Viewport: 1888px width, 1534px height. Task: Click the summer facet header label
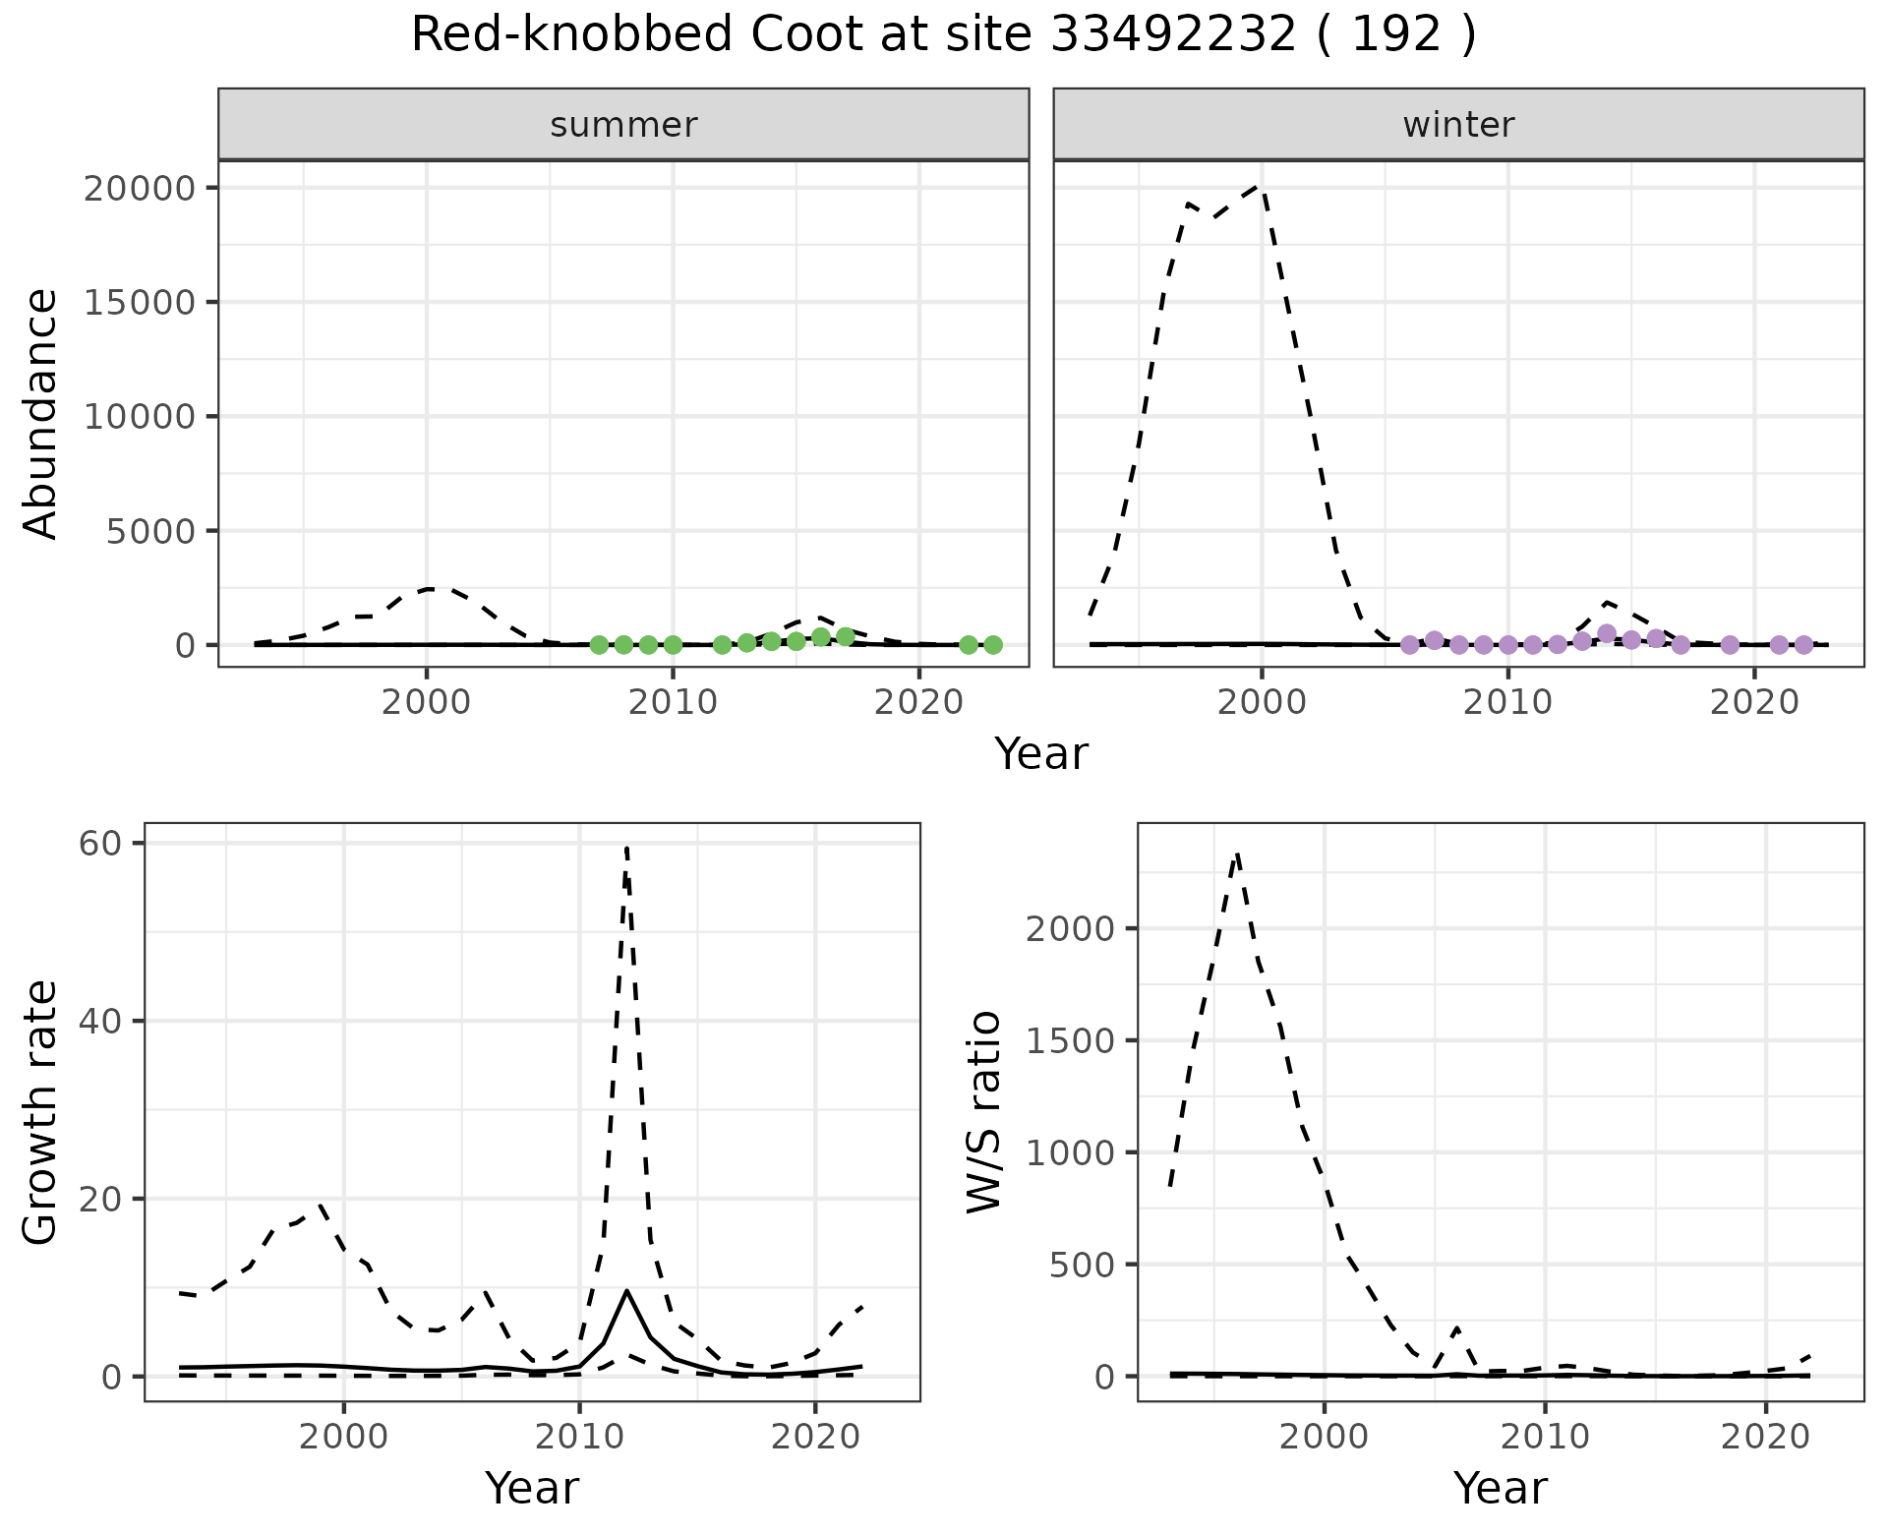pyautogui.click(x=623, y=125)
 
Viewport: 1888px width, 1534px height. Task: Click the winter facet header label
pyautogui.click(x=1458, y=125)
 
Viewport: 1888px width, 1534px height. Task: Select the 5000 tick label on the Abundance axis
pyautogui.click(x=151, y=531)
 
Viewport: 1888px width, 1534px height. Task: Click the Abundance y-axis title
pyautogui.click(x=40, y=414)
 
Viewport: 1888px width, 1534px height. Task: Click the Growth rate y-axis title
pyautogui.click(x=40, y=1113)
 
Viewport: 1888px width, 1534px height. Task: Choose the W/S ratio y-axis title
pyautogui.click(x=984, y=1113)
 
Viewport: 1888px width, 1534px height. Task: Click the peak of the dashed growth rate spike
pyautogui.click(x=626, y=846)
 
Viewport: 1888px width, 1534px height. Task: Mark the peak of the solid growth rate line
pyautogui.click(x=626, y=1290)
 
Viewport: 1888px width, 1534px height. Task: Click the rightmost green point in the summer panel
pyautogui.click(x=992, y=645)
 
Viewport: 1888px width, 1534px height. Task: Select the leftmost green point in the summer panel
pyautogui.click(x=599, y=645)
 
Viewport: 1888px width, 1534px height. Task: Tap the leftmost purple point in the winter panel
pyautogui.click(x=1409, y=645)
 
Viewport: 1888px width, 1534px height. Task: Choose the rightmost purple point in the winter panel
pyautogui.click(x=1803, y=645)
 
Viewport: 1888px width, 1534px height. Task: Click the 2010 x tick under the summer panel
pyautogui.click(x=673, y=703)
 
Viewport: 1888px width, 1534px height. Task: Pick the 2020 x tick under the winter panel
pyautogui.click(x=1754, y=703)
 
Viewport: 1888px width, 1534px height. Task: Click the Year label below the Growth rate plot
pyautogui.click(x=532, y=1489)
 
